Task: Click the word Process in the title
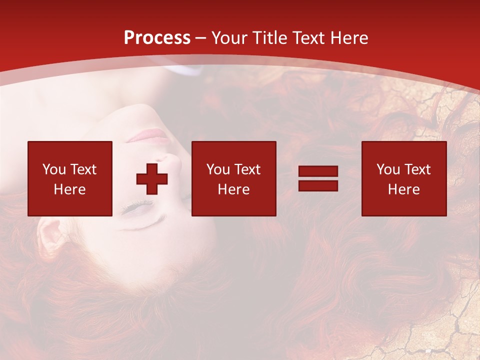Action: (157, 38)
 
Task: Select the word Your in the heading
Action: (229, 38)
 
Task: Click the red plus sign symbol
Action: (152, 178)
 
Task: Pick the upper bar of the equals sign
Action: (318, 171)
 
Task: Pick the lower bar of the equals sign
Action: (318, 185)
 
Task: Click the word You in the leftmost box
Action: (54, 169)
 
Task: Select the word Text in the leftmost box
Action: (83, 169)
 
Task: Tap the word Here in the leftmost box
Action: (69, 189)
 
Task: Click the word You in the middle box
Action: (218, 169)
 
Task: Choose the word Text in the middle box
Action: (247, 169)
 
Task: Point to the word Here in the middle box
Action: (233, 189)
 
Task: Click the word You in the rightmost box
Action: (388, 169)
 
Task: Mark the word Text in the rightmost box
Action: (417, 169)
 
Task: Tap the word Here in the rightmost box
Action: (403, 189)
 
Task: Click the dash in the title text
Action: (201, 38)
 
